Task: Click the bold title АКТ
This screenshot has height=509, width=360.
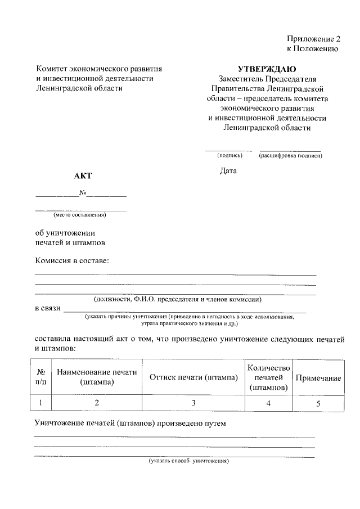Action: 82,176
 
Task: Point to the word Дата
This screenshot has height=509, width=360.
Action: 228,170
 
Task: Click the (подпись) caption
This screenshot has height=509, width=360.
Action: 229,155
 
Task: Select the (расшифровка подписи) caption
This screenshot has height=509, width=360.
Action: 290,155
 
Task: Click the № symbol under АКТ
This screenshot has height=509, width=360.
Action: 82,193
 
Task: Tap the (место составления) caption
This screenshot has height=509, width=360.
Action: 80,214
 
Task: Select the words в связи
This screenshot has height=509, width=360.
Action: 47,309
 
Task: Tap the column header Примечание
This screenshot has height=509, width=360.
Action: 318,378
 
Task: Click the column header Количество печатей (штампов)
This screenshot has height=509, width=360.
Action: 268,377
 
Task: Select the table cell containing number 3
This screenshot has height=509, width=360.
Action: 193,403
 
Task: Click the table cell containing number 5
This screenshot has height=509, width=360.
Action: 318,403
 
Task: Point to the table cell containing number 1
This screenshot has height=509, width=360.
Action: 40,403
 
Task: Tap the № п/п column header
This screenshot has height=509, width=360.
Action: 40,377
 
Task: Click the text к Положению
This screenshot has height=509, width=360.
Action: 312,49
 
